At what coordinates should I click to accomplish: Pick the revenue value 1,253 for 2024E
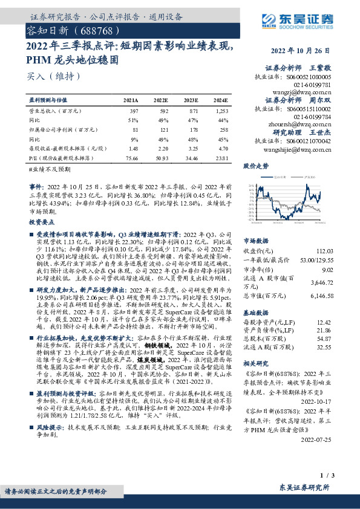coord(221,111)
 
